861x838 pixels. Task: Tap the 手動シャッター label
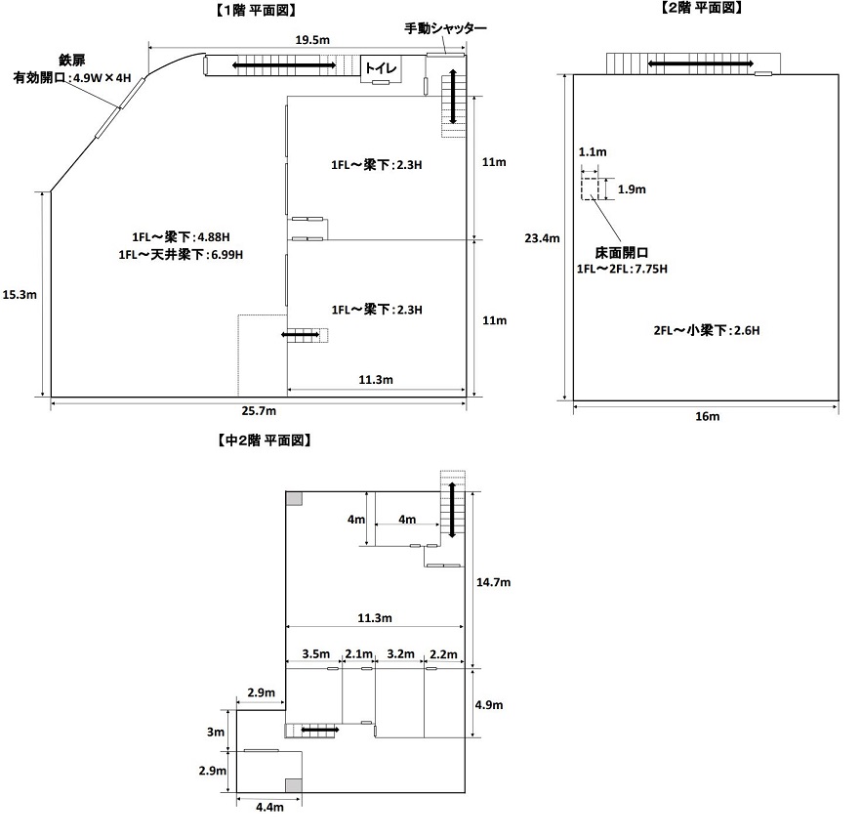445,28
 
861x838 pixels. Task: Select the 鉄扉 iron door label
72,60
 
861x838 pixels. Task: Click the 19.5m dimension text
311,39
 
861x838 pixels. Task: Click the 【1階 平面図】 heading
256,10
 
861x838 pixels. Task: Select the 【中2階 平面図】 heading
263,440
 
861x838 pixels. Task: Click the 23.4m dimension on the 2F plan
541,237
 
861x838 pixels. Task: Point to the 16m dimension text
707,417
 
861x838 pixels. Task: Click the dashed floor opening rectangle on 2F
590,188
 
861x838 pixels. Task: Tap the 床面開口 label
623,251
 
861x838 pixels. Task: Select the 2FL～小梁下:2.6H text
707,330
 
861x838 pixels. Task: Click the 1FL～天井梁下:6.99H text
181,255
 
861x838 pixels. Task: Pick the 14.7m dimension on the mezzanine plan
493,582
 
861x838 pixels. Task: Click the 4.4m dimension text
269,807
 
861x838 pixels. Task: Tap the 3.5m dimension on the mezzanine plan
315,653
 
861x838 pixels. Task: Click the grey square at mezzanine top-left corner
294,498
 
